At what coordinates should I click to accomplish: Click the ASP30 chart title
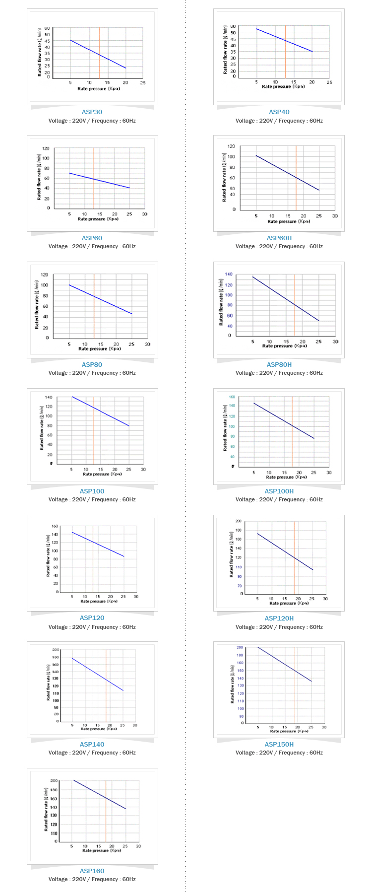pyautogui.click(x=92, y=112)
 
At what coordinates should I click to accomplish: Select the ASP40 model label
pyautogui.click(x=279, y=112)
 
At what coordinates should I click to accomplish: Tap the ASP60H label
pyautogui.click(x=279, y=238)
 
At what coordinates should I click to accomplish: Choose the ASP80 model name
pyautogui.click(x=92, y=364)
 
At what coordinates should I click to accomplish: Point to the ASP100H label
pyautogui.click(x=279, y=491)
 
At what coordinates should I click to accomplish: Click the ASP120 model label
pyautogui.click(x=92, y=618)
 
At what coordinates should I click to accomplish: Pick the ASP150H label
pyautogui.click(x=279, y=744)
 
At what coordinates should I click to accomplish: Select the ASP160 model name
pyautogui.click(x=92, y=871)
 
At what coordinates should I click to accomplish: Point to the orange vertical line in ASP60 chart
pyautogui.click(x=93, y=179)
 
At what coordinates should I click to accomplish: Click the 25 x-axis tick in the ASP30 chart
pyautogui.click(x=143, y=82)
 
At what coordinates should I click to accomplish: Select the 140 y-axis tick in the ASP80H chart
pyautogui.click(x=229, y=274)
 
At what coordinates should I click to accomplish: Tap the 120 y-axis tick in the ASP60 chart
pyautogui.click(x=46, y=148)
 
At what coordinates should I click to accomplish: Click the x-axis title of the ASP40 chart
pyautogui.click(x=283, y=86)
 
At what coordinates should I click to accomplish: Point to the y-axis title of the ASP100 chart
pyautogui.click(x=42, y=428)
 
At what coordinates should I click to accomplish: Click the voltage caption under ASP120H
pyautogui.click(x=279, y=627)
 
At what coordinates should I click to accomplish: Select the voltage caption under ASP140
pyautogui.click(x=92, y=753)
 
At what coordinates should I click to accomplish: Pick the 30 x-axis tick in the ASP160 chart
pyautogui.click(x=138, y=846)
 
